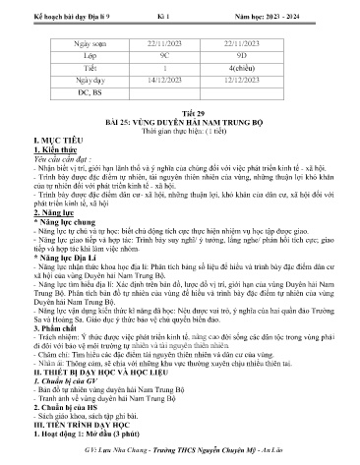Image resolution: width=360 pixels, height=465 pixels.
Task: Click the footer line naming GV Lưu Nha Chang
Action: pyautogui.click(x=180, y=455)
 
